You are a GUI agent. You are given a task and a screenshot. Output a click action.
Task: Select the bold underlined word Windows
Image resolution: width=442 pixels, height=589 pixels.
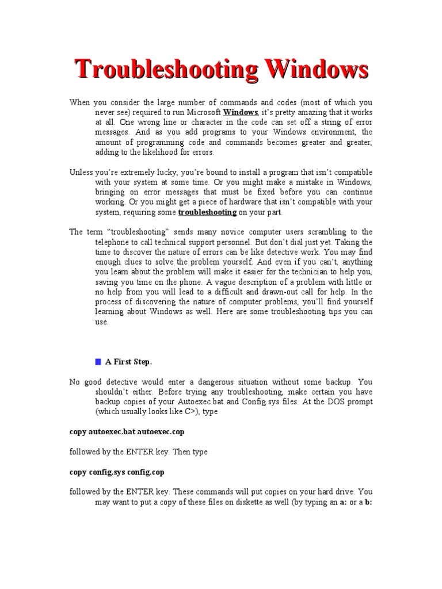point(240,112)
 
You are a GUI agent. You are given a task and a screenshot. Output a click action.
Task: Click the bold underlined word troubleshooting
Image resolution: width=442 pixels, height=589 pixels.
point(207,212)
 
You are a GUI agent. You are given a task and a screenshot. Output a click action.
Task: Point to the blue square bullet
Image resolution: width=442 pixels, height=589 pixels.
point(97,362)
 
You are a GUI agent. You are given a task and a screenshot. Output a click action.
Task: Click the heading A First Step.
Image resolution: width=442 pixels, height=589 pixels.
point(128,362)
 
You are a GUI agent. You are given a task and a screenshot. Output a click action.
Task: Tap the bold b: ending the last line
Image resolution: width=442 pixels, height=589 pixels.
point(368,502)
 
